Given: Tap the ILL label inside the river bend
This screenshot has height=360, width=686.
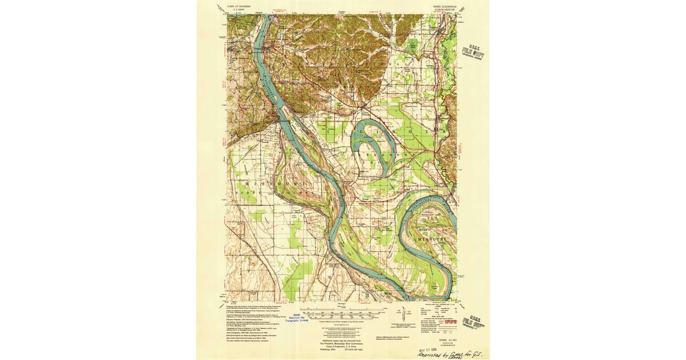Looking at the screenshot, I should [433, 219].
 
